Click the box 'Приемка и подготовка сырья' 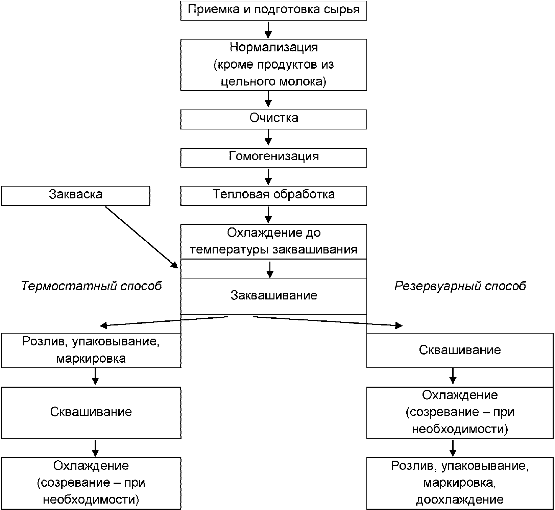pyautogui.click(x=273, y=10)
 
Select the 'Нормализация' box pyautogui.click(x=273, y=65)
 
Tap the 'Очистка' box pyautogui.click(x=273, y=119)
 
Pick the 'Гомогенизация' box pyautogui.click(x=273, y=157)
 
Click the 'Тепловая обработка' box pyautogui.click(x=273, y=196)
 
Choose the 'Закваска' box pyautogui.click(x=75, y=196)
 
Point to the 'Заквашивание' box pyautogui.click(x=273, y=296)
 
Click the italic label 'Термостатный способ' pyautogui.click(x=92, y=286)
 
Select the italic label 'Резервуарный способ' pyautogui.click(x=460, y=286)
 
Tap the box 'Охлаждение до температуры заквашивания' pyautogui.click(x=273, y=242)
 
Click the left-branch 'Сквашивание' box pyautogui.click(x=91, y=413)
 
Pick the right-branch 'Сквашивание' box pyautogui.click(x=460, y=350)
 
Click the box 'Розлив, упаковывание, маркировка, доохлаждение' pyautogui.click(x=460, y=483)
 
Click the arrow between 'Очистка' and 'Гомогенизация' pyautogui.click(x=268, y=139)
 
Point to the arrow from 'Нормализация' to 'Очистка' pyautogui.click(x=268, y=100)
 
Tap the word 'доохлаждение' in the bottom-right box pyautogui.click(x=460, y=500)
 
